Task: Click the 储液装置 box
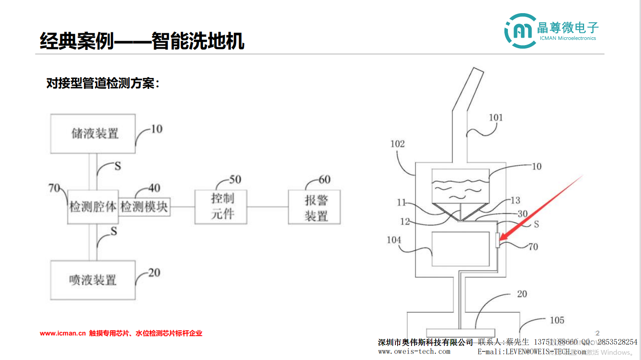point(93,134)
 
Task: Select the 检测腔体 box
point(93,207)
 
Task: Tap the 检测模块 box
point(144,207)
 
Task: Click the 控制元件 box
point(221,207)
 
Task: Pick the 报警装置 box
point(314,208)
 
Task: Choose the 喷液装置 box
point(93,280)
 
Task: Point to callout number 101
point(496,117)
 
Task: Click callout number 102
point(398,144)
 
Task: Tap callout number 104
point(394,240)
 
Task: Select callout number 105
point(557,320)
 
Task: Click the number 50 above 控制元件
point(235,180)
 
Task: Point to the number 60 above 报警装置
point(324,180)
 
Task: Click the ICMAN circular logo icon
point(520,31)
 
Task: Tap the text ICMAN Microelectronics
point(568,39)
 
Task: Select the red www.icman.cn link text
point(63,333)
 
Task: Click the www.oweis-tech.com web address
point(414,352)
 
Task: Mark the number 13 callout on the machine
point(515,201)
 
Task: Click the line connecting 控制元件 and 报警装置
point(268,207)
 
